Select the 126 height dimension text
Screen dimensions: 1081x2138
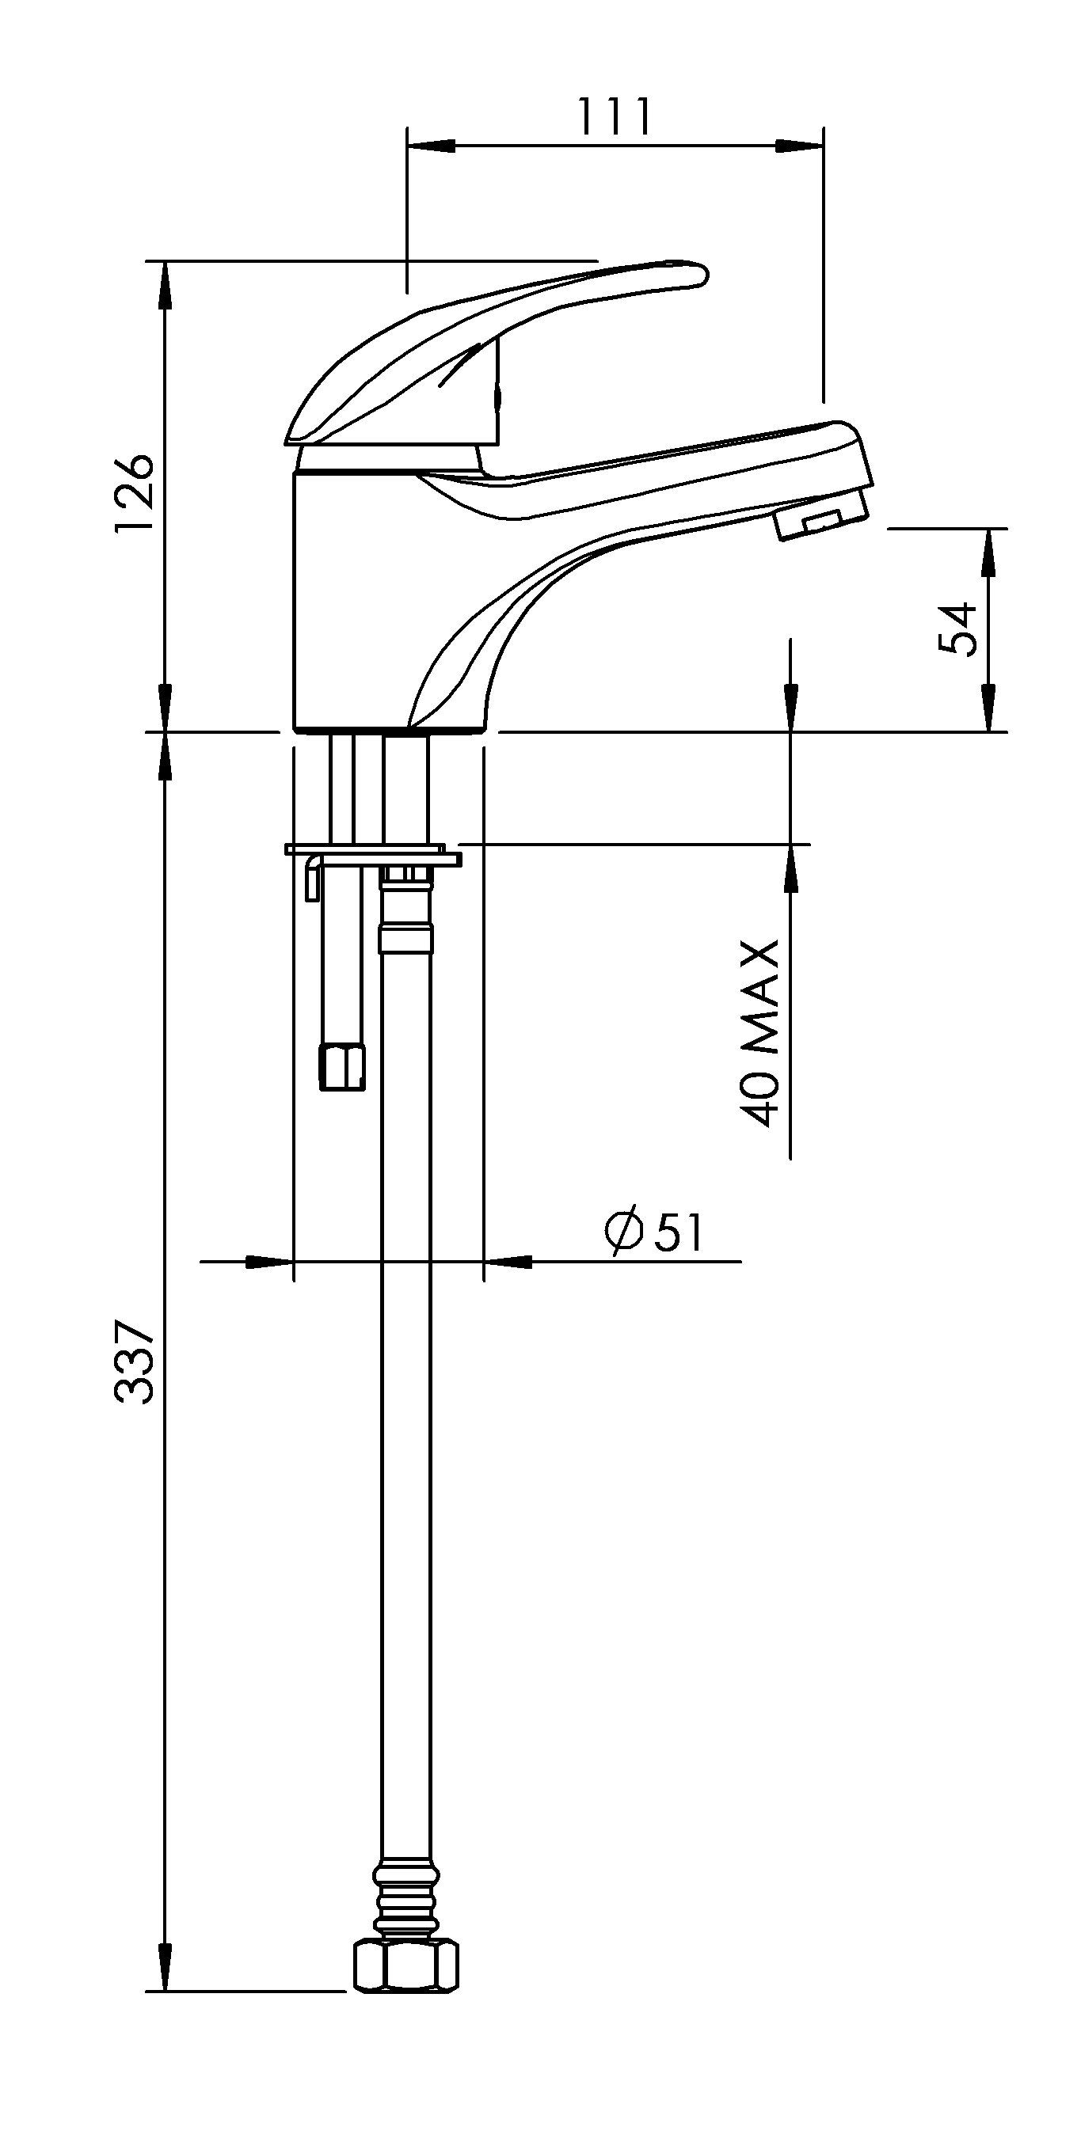coord(135,495)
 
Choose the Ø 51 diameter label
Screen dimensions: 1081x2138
coord(654,1231)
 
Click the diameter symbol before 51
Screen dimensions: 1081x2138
coord(623,1231)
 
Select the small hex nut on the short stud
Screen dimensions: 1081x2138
coord(343,1068)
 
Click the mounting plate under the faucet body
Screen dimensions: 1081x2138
coord(373,854)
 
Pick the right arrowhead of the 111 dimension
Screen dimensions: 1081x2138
coord(800,145)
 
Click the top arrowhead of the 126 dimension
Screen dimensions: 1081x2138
coord(166,287)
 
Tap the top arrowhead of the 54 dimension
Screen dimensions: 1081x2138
coord(988,553)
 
